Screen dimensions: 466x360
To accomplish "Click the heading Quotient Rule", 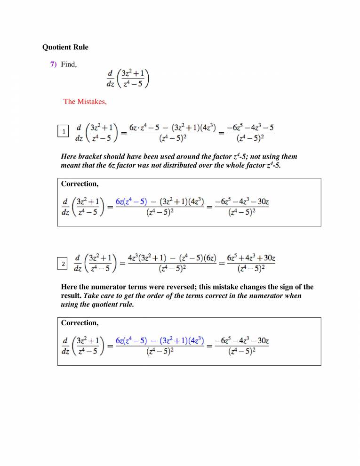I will (x=65, y=47).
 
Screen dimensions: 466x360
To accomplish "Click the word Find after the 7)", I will (x=69, y=64).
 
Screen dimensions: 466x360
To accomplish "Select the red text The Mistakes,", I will (x=85, y=101).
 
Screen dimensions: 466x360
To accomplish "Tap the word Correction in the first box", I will (x=80, y=184).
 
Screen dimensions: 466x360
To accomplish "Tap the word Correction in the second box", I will (x=80, y=323).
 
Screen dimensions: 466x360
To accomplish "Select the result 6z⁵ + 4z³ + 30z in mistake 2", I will (x=251, y=259).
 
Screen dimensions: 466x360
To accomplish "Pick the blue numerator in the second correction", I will (x=160, y=340).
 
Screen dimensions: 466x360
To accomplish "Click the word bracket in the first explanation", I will (x=88, y=156).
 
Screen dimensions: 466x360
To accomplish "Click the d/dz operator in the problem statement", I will (x=110, y=79).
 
